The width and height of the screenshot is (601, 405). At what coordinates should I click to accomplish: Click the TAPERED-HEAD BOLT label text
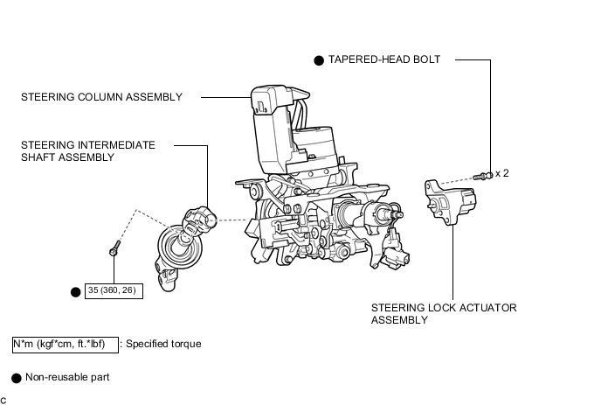pos(384,59)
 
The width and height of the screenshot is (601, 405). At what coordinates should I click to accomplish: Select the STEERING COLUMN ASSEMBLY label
pos(102,97)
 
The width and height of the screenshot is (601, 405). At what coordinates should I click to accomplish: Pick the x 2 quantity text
pos(501,173)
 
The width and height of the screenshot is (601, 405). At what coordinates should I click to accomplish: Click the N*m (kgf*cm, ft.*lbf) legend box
pos(65,344)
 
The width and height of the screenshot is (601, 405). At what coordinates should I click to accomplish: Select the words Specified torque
pos(163,344)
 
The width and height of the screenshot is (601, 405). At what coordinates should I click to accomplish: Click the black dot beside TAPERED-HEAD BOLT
pos(320,60)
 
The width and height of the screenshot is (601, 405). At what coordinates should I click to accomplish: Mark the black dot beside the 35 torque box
pos(75,290)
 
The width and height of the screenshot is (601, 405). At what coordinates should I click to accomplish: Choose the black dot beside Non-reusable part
pos(16,378)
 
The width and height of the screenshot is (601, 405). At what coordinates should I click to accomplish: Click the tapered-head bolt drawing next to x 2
pos(481,176)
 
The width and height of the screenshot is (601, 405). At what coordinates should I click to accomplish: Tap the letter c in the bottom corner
pos(3,399)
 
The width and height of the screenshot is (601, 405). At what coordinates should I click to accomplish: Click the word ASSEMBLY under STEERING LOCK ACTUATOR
pos(399,320)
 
